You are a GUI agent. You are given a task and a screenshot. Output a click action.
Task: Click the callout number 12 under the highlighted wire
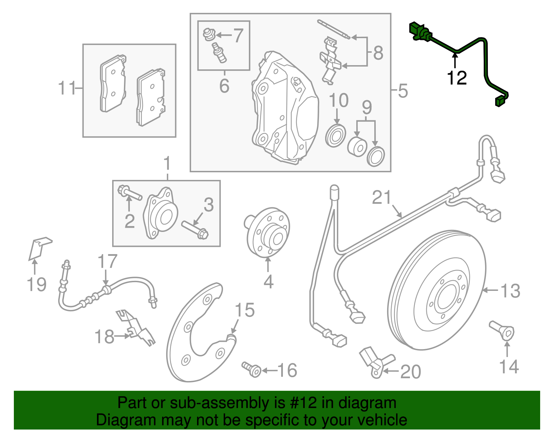457,78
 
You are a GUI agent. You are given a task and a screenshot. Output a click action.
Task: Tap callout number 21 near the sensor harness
382,198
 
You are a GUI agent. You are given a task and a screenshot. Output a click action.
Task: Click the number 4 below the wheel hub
268,282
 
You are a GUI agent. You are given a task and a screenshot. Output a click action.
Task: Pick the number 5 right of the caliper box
403,91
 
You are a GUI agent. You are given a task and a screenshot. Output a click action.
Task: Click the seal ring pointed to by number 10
336,136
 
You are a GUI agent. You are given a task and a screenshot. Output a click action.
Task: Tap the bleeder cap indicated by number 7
208,34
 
